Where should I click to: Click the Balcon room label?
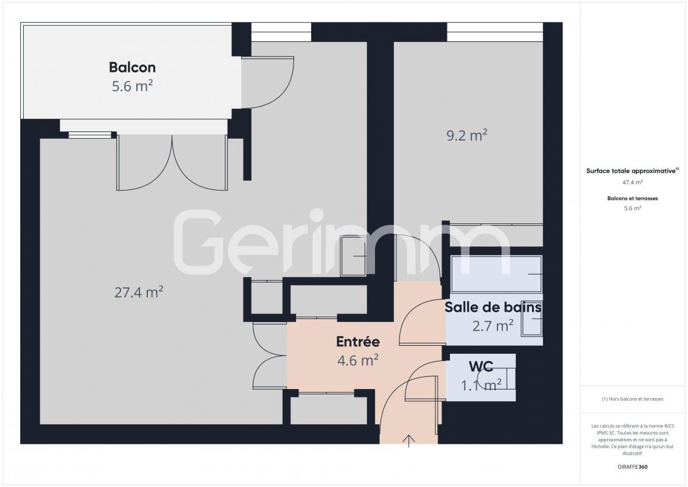point(132,67)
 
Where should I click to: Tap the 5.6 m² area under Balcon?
point(132,86)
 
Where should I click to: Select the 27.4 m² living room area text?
point(139,292)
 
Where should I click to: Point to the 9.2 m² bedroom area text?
point(467,135)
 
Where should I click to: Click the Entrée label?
point(358,342)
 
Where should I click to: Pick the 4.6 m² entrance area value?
point(358,360)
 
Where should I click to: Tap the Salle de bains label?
point(493,307)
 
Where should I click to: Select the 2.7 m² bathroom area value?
point(493,326)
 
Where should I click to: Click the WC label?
point(481,366)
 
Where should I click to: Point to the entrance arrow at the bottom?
point(409,441)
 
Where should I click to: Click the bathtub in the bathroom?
point(496,274)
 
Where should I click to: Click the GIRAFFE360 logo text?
point(632,467)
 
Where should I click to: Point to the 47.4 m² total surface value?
point(632,182)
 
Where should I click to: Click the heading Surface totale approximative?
point(632,171)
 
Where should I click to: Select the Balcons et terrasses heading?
point(632,198)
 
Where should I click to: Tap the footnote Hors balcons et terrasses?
point(632,399)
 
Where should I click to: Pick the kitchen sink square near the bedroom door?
point(353,256)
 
